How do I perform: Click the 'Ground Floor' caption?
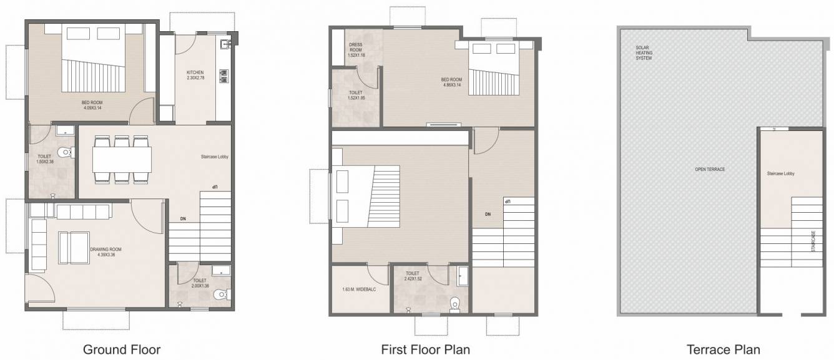click(x=122, y=349)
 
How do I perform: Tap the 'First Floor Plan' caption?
click(x=425, y=349)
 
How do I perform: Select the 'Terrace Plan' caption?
click(x=723, y=349)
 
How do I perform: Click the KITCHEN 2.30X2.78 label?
click(x=195, y=75)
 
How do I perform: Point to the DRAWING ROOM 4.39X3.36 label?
click(x=105, y=251)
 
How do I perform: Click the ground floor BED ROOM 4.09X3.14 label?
click(x=92, y=105)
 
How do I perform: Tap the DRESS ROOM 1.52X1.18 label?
click(x=356, y=49)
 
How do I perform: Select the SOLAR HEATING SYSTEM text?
click(x=644, y=53)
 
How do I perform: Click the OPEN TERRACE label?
click(x=710, y=170)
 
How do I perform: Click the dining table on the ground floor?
click(x=122, y=159)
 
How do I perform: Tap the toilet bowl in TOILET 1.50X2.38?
click(x=65, y=153)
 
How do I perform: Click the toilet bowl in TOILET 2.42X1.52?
click(x=454, y=303)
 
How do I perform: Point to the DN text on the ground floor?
click(x=183, y=219)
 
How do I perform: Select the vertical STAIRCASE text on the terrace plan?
click(x=813, y=240)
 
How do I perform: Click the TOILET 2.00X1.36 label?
click(x=201, y=283)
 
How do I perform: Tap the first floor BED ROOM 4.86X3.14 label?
click(x=451, y=82)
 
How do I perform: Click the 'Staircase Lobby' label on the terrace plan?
click(x=780, y=174)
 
